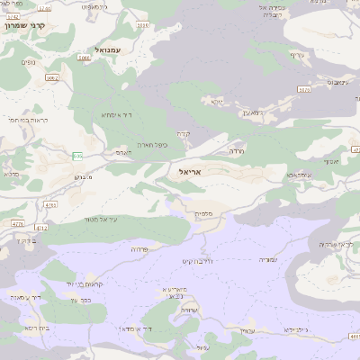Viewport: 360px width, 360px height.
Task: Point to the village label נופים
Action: [x=30, y=62]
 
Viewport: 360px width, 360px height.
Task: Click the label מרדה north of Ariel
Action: [x=237, y=151]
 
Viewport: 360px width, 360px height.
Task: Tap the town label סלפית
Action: [x=204, y=214]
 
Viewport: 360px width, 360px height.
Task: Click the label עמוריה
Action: [x=269, y=259]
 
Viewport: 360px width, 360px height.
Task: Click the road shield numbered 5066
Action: [x=83, y=57]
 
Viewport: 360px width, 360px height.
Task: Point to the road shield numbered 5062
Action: [x=51, y=78]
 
